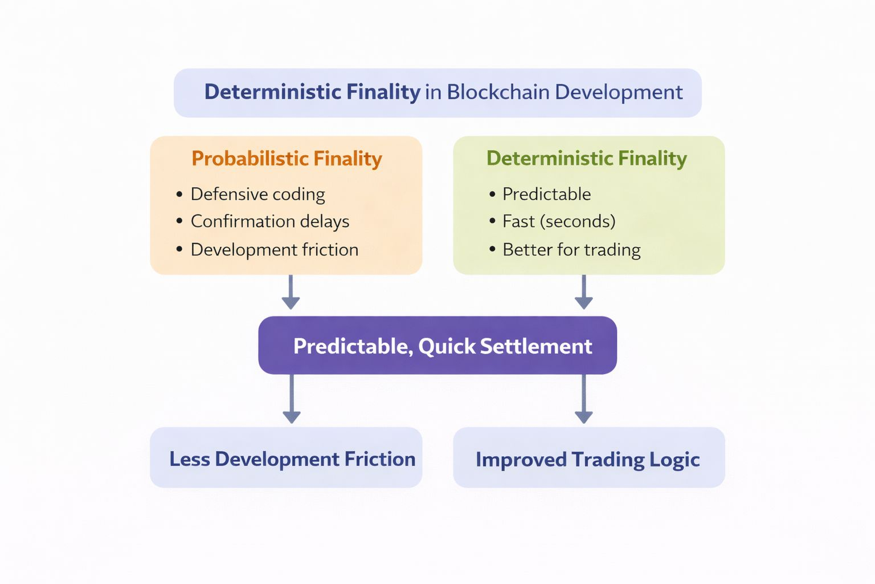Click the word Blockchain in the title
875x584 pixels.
click(497, 92)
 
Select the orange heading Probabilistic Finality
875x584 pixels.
click(287, 159)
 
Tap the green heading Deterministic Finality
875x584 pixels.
click(586, 158)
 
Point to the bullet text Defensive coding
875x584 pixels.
click(257, 194)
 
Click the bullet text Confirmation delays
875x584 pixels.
click(269, 221)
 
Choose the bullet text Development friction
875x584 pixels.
click(274, 250)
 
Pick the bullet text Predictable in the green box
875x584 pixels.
click(546, 194)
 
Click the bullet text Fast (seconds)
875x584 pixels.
click(559, 221)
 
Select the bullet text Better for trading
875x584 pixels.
click(571, 250)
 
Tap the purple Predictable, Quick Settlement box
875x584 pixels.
click(437, 346)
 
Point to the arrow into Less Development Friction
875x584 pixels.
click(291, 399)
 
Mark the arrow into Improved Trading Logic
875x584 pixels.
click(583, 399)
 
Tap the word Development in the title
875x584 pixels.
click(619, 92)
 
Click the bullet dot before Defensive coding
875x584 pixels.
click(179, 194)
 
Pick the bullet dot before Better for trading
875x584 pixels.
click(492, 250)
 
